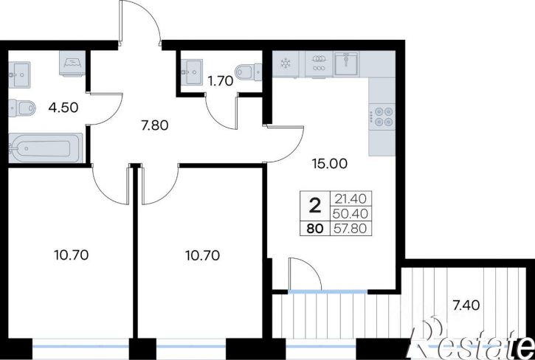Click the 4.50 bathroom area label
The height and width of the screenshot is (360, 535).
coord(63,108)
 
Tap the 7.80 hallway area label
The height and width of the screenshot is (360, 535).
coord(155,125)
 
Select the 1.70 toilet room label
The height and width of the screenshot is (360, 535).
coord(221,81)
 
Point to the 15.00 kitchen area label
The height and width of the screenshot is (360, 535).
coord(330,164)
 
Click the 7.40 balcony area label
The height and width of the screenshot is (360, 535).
coord(466,305)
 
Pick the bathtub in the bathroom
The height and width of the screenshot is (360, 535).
coord(45,148)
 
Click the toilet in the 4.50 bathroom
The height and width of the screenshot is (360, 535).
coord(22,108)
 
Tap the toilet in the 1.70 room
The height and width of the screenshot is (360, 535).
coord(249,72)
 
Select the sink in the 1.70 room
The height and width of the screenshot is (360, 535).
coord(191,72)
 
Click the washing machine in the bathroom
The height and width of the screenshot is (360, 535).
coord(72,63)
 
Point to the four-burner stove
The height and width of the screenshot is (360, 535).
coord(382,117)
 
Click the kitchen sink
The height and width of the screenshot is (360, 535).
coord(346,63)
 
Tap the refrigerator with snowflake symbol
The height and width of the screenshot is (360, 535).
coord(286,63)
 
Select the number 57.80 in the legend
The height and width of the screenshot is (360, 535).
coord(351,228)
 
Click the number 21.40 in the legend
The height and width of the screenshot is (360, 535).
coord(351,198)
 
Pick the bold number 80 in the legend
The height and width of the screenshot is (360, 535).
coord(315,228)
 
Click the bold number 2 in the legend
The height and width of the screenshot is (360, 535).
coord(314,206)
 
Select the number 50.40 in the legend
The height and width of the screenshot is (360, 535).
coord(351,214)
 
